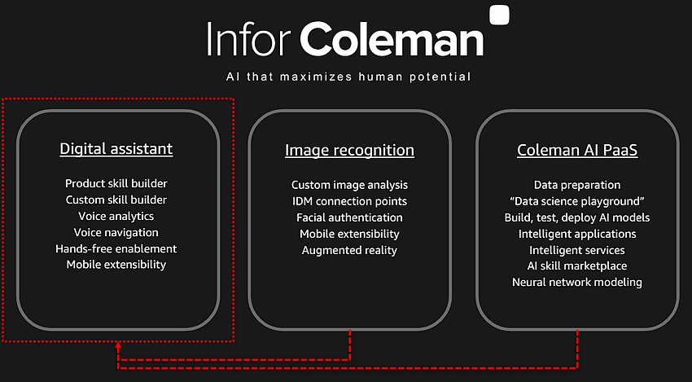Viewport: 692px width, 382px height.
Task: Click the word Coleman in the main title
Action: pos(392,38)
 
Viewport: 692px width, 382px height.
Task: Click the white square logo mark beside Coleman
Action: pos(500,15)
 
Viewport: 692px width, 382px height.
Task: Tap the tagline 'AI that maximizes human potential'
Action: pos(348,77)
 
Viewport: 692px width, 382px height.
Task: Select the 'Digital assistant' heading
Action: pos(116,149)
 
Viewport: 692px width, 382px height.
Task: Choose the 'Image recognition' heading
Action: pos(349,150)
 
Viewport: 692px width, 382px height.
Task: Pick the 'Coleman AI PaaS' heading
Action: pos(577,150)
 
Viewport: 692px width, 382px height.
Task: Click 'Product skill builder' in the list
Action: pos(116,183)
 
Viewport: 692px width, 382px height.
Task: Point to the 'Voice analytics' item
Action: pos(116,216)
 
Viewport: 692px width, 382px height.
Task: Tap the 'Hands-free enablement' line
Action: pos(116,248)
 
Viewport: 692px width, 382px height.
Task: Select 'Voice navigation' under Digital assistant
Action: pos(116,232)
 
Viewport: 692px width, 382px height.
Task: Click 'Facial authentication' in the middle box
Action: pos(349,217)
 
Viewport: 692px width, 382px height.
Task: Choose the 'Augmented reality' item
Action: pos(349,250)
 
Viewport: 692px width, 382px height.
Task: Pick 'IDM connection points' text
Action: pos(349,201)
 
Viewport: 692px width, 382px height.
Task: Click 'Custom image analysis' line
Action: pos(349,185)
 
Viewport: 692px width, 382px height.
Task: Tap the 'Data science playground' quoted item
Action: pos(577,201)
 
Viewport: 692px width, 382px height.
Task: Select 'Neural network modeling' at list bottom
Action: pos(577,282)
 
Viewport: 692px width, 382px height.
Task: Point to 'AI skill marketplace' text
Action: pos(577,266)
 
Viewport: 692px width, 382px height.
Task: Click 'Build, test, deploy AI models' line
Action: pos(577,217)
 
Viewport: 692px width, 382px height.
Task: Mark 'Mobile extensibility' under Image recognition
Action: pos(349,234)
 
